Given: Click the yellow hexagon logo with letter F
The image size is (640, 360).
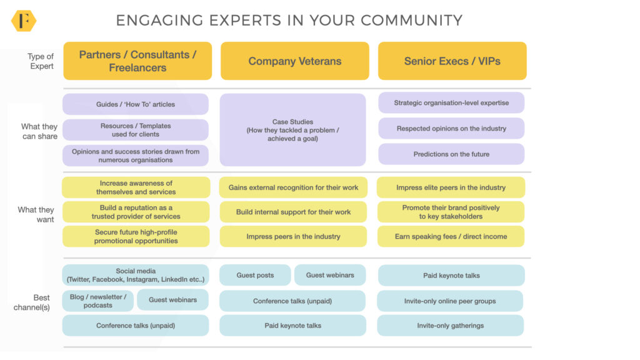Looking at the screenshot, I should pos(24,21).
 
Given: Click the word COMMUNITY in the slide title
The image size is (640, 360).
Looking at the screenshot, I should pos(411,21).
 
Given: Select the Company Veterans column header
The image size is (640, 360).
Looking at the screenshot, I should pos(295,61).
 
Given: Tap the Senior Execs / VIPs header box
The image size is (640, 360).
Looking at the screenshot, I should pos(452,61).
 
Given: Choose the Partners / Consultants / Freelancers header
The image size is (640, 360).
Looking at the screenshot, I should pos(137,61).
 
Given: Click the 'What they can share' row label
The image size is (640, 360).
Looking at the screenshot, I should pos(39,131).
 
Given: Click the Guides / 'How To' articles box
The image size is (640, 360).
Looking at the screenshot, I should pos(136,104).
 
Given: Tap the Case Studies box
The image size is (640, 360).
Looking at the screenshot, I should pos(292,130).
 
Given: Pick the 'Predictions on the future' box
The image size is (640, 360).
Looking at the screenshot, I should pos(451,154).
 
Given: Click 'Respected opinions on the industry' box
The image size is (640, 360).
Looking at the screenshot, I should pos(451,129).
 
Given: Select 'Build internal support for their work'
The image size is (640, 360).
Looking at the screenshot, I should pos(293,212).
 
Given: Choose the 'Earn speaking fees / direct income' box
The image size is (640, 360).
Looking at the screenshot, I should pos(451,237).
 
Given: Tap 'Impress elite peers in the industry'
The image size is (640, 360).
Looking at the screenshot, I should pos(451,187).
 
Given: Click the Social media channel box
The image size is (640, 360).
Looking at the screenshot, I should pos(136,276).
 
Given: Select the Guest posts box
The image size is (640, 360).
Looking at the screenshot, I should pos(255,276).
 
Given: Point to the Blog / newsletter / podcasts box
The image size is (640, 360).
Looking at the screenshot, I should pos(97,301).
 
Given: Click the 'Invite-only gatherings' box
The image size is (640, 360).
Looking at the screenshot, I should pos(450,326).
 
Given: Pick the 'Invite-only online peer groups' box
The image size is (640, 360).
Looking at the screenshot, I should pos(450,301).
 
